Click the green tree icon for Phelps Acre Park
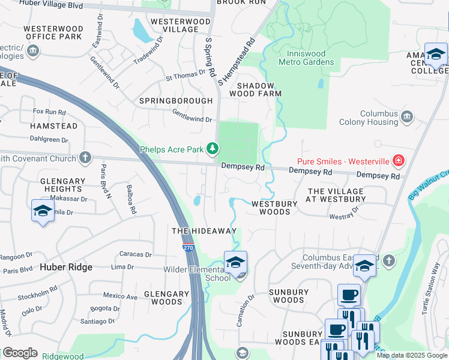(212, 148)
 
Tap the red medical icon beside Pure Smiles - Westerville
(397, 160)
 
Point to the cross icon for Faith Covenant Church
(85, 158)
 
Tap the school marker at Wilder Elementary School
(235, 262)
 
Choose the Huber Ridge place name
(66, 267)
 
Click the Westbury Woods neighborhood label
(274, 208)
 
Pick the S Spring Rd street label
(209, 58)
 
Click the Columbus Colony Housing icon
(407, 116)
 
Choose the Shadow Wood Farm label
(255, 89)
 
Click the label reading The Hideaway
(204, 231)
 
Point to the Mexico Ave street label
(119, 296)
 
